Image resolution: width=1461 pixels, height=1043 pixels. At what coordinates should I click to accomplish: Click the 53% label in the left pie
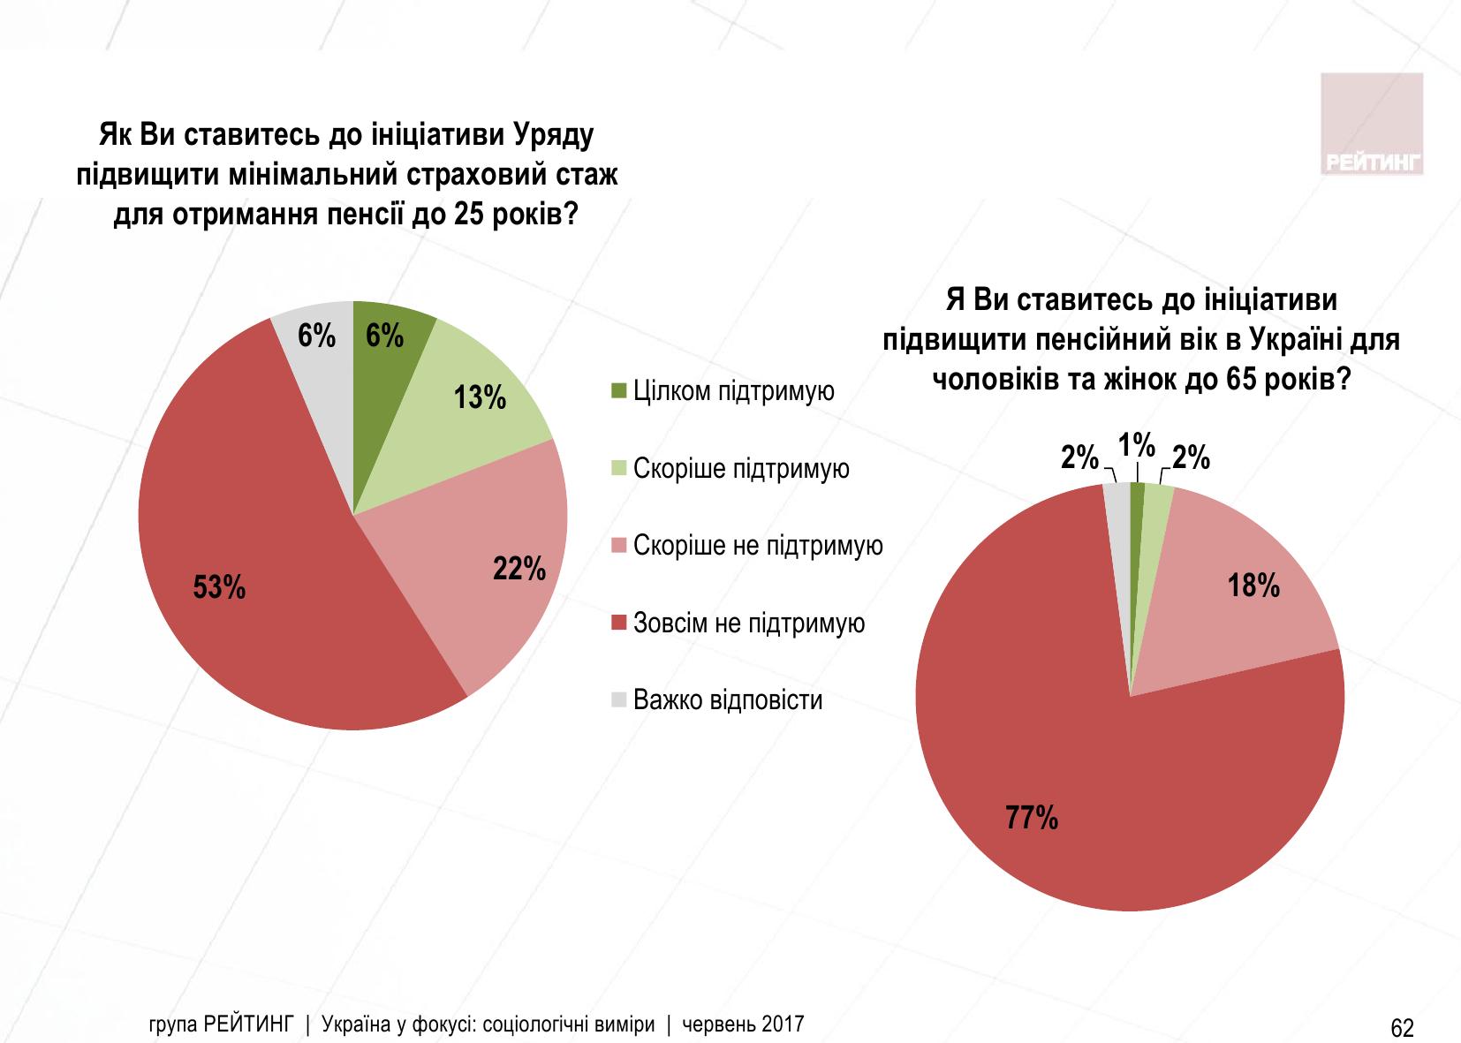[219, 588]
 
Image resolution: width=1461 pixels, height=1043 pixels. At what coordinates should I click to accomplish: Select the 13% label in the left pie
[480, 398]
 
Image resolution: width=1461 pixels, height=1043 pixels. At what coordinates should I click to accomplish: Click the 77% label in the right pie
[1032, 819]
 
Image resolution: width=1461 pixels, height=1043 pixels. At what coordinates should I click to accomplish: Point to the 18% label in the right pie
[1254, 585]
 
